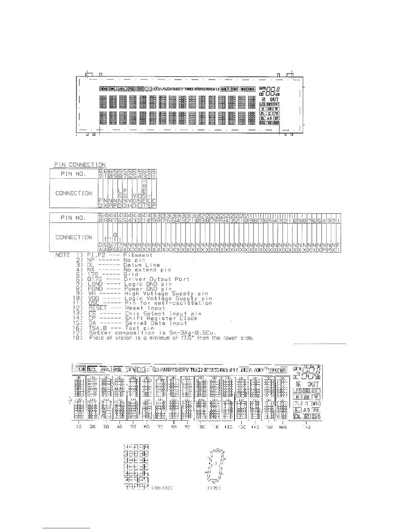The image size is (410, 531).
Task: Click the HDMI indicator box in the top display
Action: coord(104,89)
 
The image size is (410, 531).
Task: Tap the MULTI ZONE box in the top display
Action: coord(229,89)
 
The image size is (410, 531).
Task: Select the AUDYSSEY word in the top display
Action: coord(173,89)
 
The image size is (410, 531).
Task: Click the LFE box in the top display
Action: coord(263,104)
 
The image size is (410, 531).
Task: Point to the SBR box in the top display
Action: coord(276,123)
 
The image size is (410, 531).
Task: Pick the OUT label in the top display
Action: coord(274,99)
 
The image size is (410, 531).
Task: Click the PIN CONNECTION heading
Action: coord(80,165)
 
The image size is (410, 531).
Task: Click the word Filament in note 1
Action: coord(138,255)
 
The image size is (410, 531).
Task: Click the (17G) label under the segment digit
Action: coord(211,488)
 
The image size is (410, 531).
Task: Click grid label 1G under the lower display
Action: coord(78,427)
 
